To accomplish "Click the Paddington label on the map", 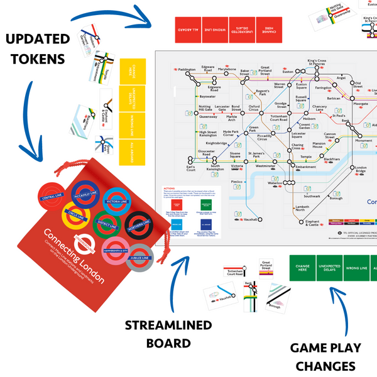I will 187,70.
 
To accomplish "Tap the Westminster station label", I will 265,167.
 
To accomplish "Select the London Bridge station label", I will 360,170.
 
